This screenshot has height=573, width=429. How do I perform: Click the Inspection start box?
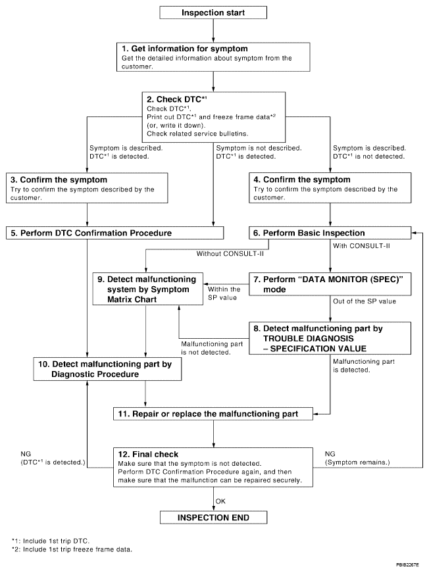click(x=214, y=12)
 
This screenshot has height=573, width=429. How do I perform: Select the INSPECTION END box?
click(x=214, y=518)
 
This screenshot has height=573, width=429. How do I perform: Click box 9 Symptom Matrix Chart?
click(x=148, y=287)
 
